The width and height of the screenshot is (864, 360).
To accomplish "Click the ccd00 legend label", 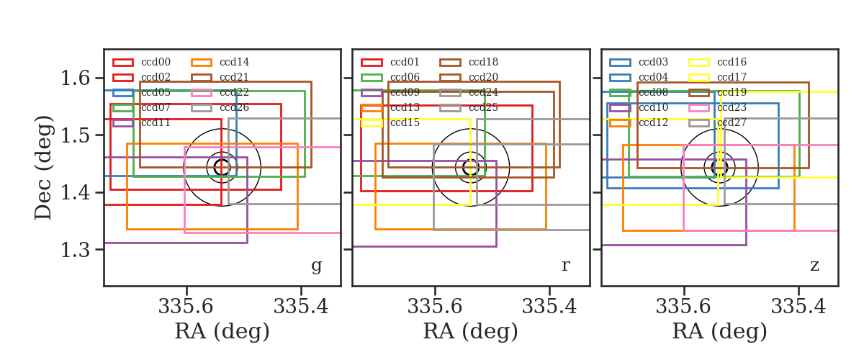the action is point(156,62).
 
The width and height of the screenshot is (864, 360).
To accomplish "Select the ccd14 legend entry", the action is point(234,62).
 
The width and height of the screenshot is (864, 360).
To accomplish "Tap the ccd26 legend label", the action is point(234,107).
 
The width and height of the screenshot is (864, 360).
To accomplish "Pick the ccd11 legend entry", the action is point(156,122).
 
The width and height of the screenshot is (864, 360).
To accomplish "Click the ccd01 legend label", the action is point(405,62).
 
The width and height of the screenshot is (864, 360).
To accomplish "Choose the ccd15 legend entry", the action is point(405,122).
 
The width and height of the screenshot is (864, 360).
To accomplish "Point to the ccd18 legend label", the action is point(483,62).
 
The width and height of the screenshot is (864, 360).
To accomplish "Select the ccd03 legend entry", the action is point(654,62).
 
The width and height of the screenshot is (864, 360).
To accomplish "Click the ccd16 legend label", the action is point(732,62).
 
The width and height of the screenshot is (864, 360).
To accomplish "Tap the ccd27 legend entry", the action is point(732,122).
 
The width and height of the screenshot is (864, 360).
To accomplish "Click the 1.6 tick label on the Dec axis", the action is point(75,78).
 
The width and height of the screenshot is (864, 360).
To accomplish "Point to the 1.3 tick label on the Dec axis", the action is point(75,250).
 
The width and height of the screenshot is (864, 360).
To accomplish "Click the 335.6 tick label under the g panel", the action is point(186,307).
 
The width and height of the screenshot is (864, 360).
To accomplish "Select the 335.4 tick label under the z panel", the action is point(798,307).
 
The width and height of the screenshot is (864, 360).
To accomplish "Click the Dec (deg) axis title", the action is point(42,168).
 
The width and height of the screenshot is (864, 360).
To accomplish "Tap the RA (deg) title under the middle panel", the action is point(471,331).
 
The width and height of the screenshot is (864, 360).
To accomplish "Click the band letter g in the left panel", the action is point(316,266).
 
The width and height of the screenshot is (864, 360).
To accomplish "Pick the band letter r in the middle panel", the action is point(565,266).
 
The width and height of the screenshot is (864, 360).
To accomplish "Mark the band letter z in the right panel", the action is point(814,266).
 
